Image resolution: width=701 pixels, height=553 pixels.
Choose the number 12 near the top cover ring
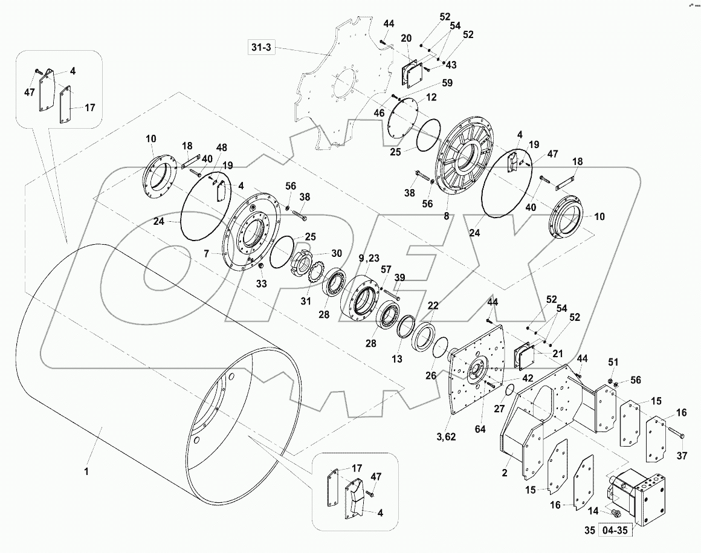tap(431, 97)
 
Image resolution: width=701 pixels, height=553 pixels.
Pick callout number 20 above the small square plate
tap(406, 39)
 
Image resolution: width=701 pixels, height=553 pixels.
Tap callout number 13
tap(396, 359)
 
